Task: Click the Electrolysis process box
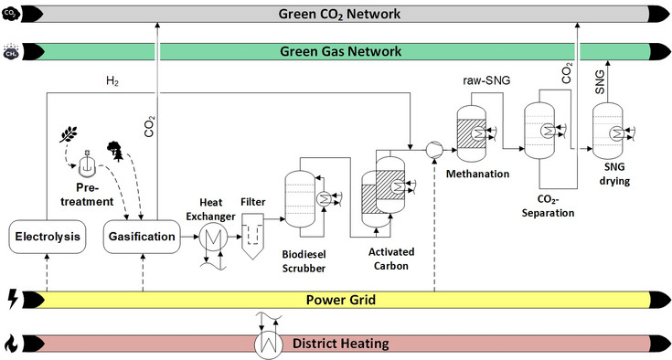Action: coord(46,238)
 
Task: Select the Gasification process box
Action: coord(141,238)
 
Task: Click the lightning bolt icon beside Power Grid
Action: coord(12,298)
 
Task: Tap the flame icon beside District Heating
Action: coord(12,344)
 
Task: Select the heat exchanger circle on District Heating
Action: coord(267,344)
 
